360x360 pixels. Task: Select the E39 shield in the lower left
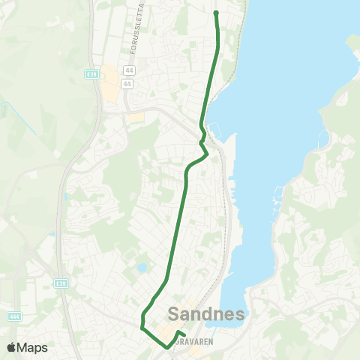[x=61, y=283]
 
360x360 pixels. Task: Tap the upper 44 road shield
[x=128, y=70]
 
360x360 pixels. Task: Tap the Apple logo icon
[x=11, y=347]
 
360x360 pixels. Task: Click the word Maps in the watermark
[x=33, y=347]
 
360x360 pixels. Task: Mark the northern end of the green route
[x=216, y=13]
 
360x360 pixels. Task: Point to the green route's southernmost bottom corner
[x=166, y=347]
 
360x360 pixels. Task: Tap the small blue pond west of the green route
[x=142, y=267]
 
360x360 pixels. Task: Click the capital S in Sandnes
[x=175, y=312]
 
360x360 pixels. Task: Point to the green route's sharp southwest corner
[x=142, y=328]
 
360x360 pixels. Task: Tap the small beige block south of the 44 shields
[x=135, y=118]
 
